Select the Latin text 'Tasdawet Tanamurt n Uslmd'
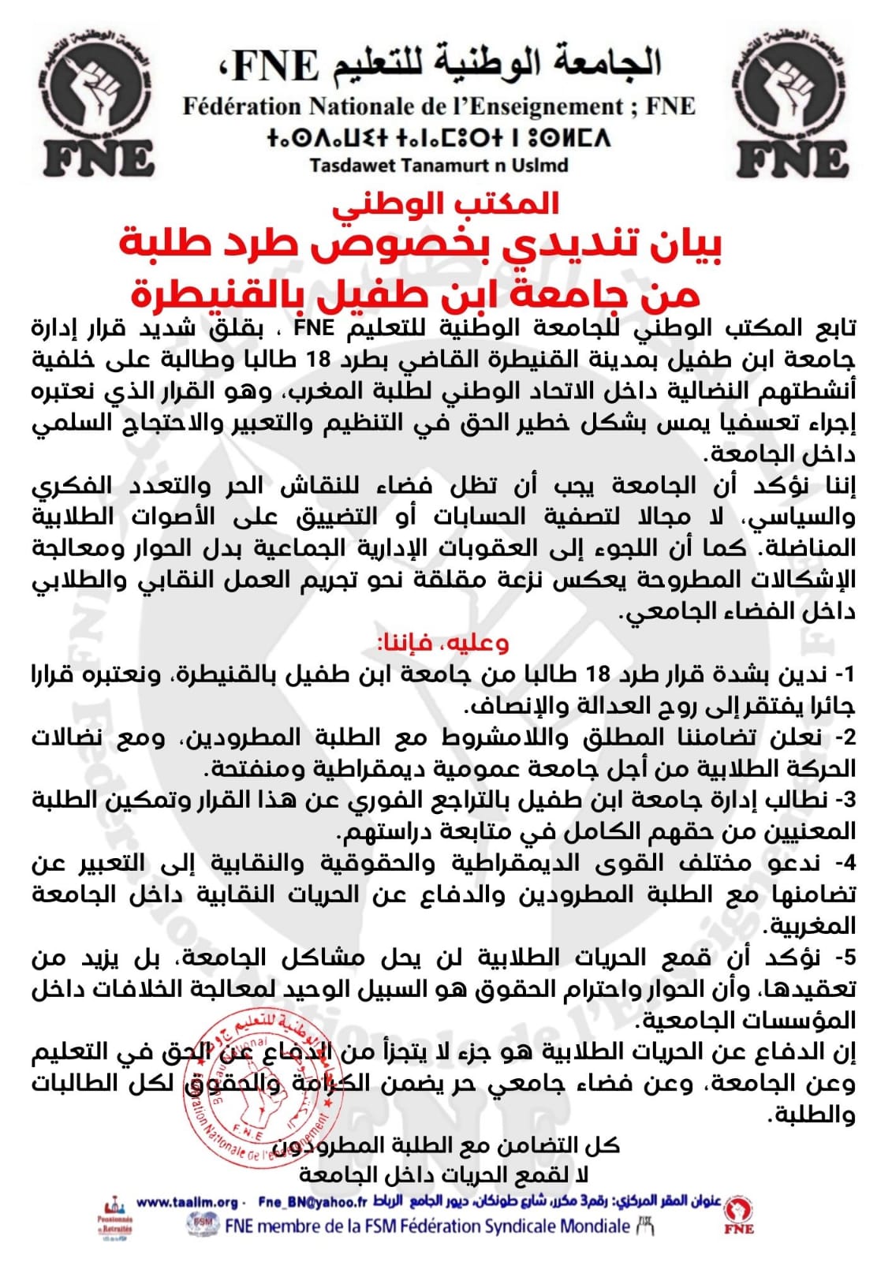pyautogui.click(x=439, y=166)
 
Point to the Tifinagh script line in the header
pyautogui.click(x=439, y=137)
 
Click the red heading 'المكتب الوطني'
pyautogui.click(x=446, y=203)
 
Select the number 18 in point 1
pyautogui.click(x=599, y=675)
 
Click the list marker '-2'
pyautogui.click(x=844, y=738)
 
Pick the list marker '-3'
pyautogui.click(x=844, y=801)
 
